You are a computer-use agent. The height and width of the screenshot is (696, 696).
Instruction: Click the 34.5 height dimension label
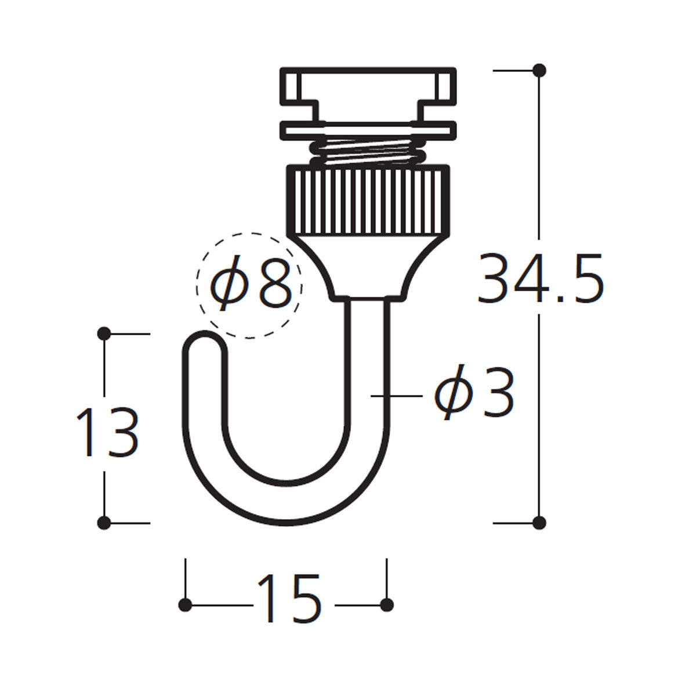(x=541, y=278)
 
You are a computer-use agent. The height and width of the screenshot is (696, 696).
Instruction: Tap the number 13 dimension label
(x=108, y=432)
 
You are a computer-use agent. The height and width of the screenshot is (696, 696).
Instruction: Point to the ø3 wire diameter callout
(x=474, y=392)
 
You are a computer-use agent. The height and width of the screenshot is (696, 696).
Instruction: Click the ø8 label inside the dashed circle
(x=251, y=283)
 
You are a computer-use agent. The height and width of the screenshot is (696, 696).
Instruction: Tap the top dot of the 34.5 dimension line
(x=539, y=70)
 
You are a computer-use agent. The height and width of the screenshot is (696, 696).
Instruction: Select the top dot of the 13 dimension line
(x=104, y=333)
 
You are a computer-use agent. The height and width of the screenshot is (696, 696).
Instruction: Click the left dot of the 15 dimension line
(x=185, y=604)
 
